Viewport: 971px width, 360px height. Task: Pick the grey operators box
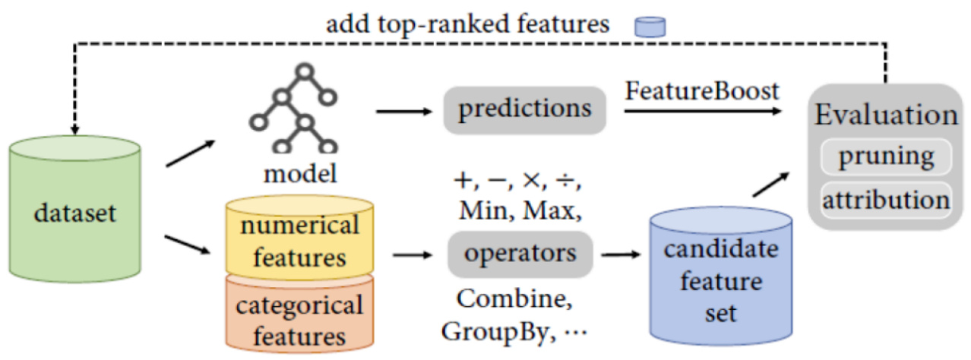tap(520, 254)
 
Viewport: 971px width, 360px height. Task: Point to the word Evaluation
tap(886, 115)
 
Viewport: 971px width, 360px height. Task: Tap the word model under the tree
tap(299, 174)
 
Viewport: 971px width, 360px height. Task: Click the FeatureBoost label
tap(703, 93)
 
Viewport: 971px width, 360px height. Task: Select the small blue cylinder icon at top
tap(650, 27)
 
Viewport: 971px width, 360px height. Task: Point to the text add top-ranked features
tap(468, 24)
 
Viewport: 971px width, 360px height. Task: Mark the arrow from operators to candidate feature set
tap(618, 254)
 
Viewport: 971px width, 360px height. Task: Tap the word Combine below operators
tap(516, 299)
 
